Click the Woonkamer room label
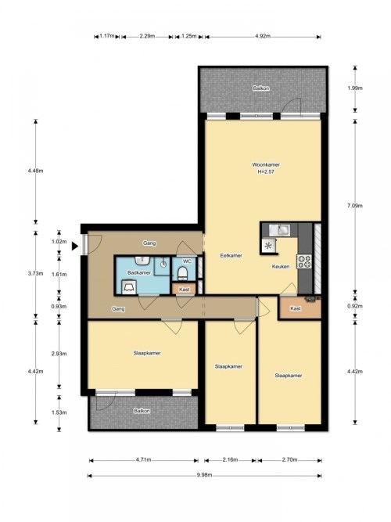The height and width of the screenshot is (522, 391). pos(266,164)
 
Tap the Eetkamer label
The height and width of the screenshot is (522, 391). pos(231,256)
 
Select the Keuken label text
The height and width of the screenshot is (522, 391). pos(281,266)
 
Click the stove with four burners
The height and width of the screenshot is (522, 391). pos(304,261)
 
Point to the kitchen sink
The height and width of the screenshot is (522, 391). pos(279,230)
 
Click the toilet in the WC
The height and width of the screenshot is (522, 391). pos(182,273)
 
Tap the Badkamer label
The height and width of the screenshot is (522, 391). pos(139,272)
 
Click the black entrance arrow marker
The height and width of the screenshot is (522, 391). pos(75,246)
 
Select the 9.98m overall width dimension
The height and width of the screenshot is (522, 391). pos(204,475)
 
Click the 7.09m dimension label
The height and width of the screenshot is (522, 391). pos(355,206)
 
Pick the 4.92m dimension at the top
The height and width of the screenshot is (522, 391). pos(263,36)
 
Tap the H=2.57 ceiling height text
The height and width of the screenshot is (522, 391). pos(266,171)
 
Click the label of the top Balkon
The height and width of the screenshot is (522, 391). pos(261,88)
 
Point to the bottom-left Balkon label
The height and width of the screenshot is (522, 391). pos(142,411)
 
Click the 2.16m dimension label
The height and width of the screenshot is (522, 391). pos(230,459)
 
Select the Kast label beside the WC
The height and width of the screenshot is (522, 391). pos(184,290)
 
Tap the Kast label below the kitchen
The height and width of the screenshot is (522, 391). pos(296,308)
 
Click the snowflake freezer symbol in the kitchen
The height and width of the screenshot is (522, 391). pos(268,247)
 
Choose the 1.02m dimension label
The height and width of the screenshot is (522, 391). pos(59,242)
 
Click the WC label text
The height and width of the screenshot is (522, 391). pos(188,261)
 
